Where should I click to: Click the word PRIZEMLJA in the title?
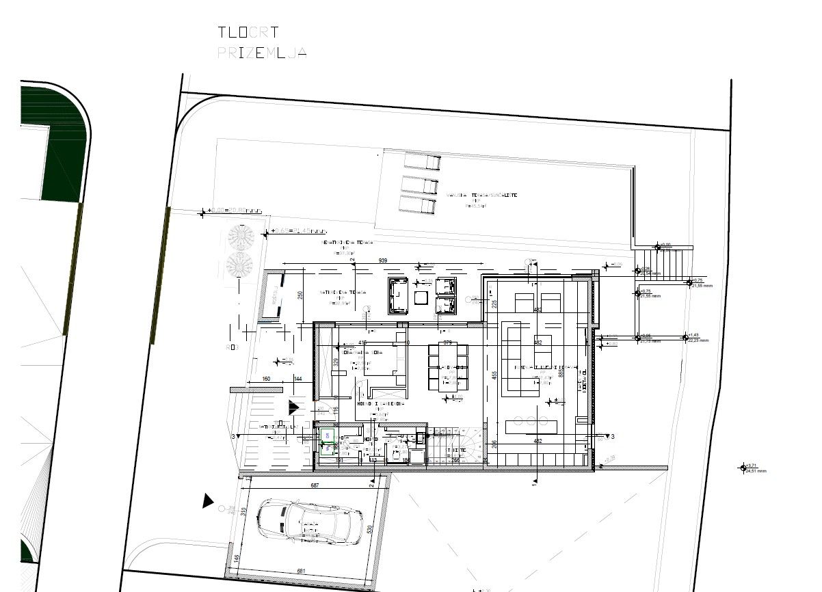point(261,53)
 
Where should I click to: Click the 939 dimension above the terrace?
point(384,260)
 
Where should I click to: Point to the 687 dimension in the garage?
point(315,485)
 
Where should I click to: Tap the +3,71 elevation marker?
point(752,466)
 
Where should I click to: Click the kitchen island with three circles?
point(535,427)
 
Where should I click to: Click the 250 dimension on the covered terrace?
point(300,295)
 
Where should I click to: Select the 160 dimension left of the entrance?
point(266,379)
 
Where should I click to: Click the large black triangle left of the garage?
point(208,501)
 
